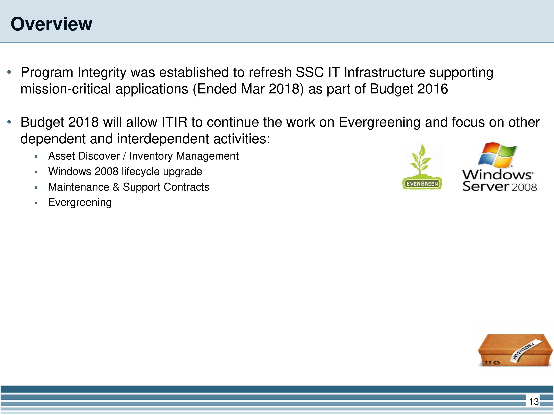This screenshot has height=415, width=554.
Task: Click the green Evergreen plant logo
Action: (x=422, y=166)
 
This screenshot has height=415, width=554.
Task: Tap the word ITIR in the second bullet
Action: (x=174, y=122)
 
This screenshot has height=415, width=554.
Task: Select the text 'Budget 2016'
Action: (x=409, y=89)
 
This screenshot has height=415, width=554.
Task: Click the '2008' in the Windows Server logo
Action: (x=524, y=187)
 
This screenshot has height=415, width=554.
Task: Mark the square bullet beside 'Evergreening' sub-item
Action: (x=36, y=203)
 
